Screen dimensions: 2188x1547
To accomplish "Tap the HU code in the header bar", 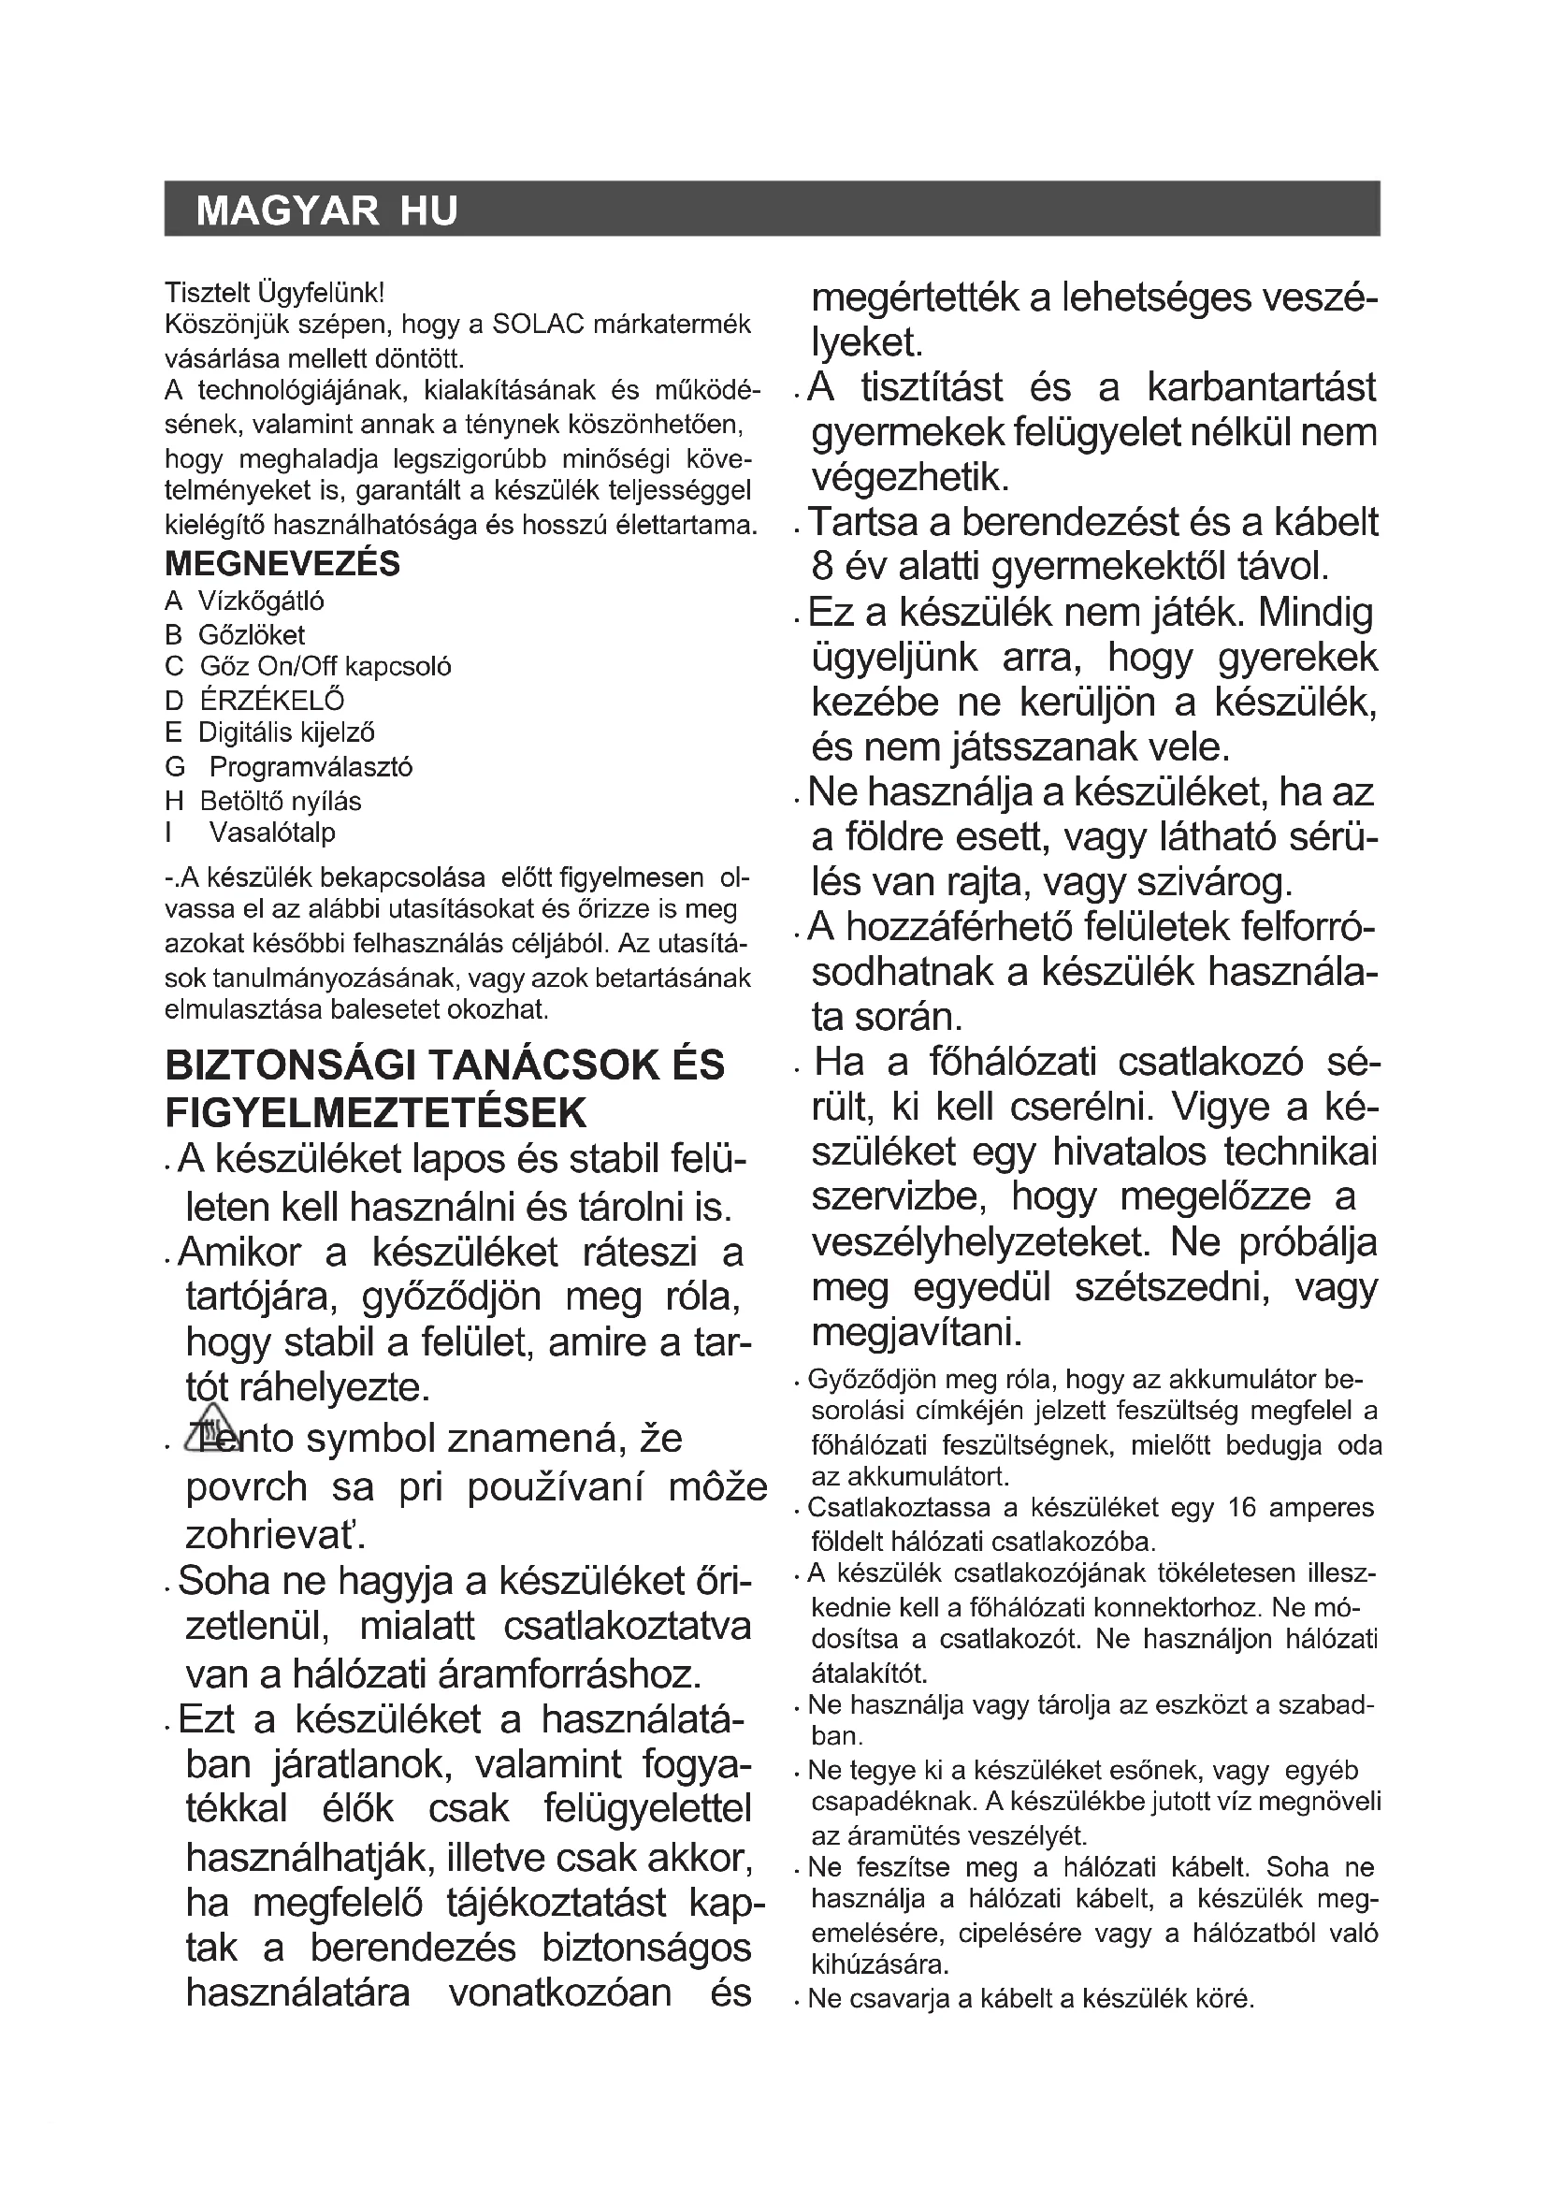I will click(428, 210).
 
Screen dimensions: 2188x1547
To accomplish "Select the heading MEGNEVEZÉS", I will click(282, 564).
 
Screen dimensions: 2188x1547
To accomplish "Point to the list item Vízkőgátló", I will click(261, 601).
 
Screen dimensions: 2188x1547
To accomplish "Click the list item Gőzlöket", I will click(252, 634).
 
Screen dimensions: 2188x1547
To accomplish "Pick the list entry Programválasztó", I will click(311, 767).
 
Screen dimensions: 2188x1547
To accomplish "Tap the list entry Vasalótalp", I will click(272, 833).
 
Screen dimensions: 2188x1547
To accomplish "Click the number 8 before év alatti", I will click(822, 567).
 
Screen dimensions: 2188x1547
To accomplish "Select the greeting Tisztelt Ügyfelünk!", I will click(274, 292).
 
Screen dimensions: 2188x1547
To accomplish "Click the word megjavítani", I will click(917, 1332).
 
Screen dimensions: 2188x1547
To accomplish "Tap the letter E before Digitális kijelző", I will click(172, 732).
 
